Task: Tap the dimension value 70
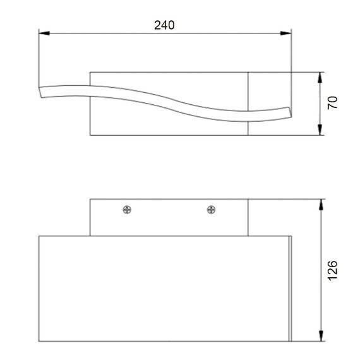(x=333, y=103)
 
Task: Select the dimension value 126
(x=333, y=270)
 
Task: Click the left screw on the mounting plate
(x=127, y=210)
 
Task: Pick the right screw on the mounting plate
(x=210, y=210)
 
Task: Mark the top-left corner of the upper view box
(x=91, y=71)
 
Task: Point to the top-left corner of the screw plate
(x=90, y=200)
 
